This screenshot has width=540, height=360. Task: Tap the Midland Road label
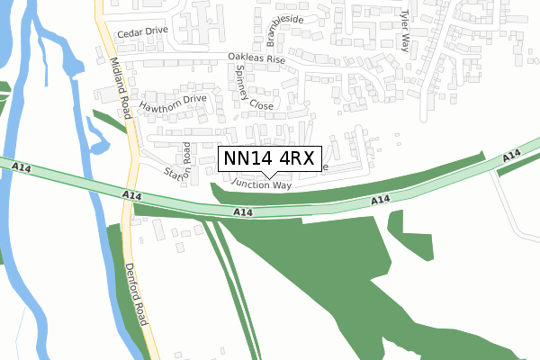coord(121,88)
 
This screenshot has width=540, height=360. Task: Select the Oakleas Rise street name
coord(256,58)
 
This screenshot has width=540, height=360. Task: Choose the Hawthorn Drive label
coord(173,102)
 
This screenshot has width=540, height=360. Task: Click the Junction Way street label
coord(261,184)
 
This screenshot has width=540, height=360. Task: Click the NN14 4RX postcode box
coord(267,159)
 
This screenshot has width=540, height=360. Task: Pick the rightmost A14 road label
coord(512,157)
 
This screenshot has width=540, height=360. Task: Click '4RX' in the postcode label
coord(294,159)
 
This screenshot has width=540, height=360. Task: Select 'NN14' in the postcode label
coord(246,159)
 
